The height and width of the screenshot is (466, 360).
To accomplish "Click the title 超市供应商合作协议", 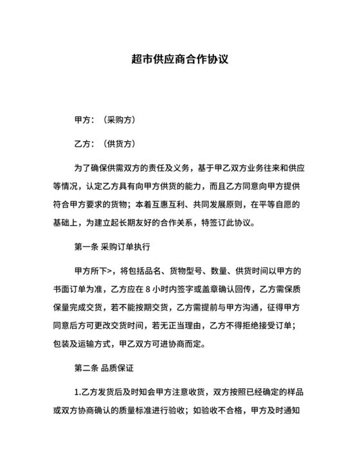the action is (179, 60).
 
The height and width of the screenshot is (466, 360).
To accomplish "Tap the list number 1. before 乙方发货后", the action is (78, 390).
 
